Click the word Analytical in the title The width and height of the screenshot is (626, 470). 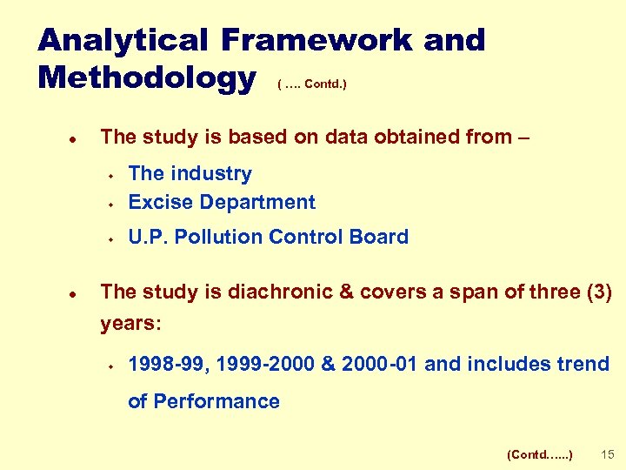[x=123, y=40]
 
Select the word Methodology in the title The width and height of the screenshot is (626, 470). [x=147, y=78]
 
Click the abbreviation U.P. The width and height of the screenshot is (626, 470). [x=149, y=237]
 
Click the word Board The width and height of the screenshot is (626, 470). [x=379, y=237]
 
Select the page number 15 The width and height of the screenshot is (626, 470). [x=608, y=454]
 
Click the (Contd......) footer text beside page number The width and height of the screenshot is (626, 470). [x=539, y=454]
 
